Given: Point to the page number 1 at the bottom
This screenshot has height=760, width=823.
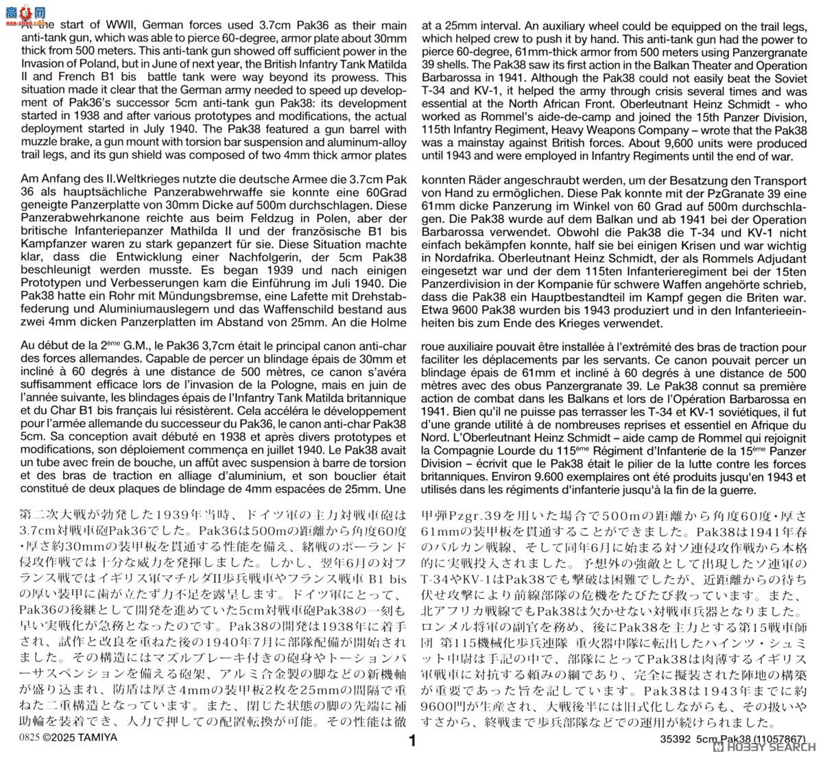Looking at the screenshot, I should (411, 741).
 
